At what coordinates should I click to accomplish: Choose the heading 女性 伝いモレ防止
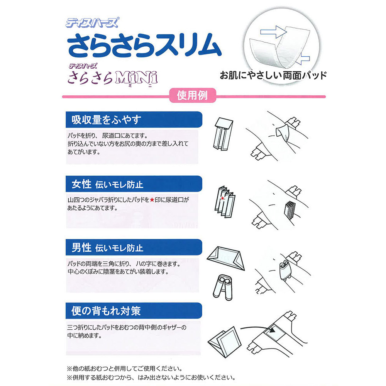pyautogui.click(x=107, y=184)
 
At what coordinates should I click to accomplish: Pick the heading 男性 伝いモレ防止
pyautogui.click(x=107, y=247)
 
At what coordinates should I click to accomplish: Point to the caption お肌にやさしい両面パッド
pyautogui.click(x=273, y=75)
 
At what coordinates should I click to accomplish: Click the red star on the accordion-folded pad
pyautogui.click(x=222, y=199)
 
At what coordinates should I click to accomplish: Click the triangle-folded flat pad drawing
pyautogui.click(x=226, y=259)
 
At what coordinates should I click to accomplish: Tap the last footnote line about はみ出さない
pyautogui.click(x=151, y=377)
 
